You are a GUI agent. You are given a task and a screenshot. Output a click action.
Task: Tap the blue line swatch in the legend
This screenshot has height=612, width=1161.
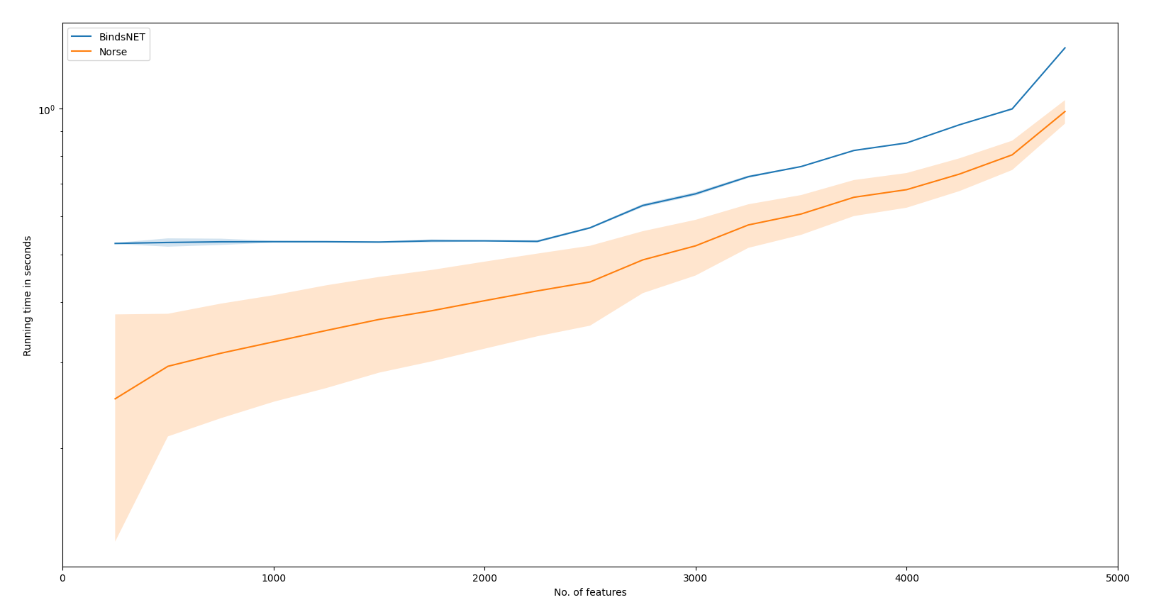(82, 37)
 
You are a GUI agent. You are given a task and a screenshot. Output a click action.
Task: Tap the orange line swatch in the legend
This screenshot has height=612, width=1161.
(82, 52)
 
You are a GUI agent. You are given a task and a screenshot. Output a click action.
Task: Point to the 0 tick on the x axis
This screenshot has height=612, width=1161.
(62, 578)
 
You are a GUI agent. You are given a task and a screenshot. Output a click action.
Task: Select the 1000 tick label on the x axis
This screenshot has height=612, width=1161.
(274, 578)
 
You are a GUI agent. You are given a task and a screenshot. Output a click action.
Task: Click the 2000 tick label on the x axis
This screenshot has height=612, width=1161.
(484, 578)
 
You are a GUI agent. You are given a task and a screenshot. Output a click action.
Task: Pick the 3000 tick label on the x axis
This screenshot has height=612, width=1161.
(695, 578)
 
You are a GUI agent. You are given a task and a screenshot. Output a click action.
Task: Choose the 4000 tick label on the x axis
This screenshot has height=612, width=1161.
(906, 578)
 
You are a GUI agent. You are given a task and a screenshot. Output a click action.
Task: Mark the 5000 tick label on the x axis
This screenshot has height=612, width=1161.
(1118, 578)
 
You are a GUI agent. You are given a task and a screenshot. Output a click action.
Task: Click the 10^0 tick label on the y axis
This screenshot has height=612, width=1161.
(46, 109)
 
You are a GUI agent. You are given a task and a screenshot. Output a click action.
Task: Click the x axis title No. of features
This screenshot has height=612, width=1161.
(590, 593)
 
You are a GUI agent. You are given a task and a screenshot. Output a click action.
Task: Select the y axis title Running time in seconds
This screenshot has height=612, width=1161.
(28, 296)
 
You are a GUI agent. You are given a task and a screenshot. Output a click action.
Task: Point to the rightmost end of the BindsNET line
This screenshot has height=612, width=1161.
(1065, 48)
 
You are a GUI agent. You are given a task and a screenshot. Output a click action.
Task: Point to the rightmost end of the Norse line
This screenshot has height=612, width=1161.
(1065, 111)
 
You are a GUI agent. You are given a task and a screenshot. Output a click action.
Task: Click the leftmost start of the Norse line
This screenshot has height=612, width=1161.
(115, 399)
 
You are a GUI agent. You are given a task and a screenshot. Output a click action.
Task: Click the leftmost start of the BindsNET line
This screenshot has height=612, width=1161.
(115, 243)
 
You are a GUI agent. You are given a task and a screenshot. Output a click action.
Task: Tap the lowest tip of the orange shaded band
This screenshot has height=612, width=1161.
(115, 541)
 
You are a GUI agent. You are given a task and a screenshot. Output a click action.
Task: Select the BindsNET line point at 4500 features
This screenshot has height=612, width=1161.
(1012, 109)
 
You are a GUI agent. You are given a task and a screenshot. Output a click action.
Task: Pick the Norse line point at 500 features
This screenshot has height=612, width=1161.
(168, 366)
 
